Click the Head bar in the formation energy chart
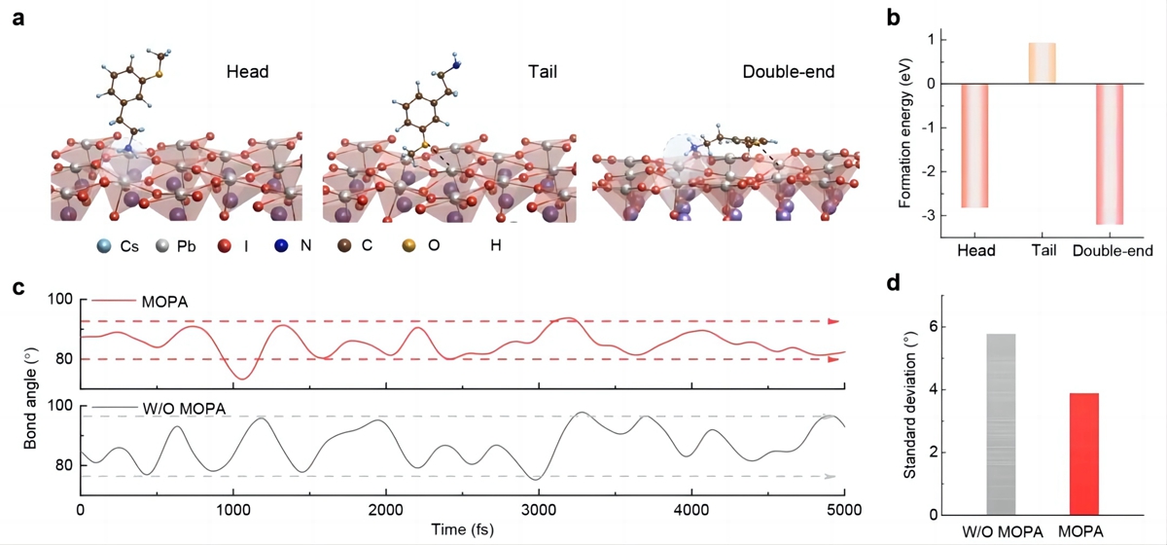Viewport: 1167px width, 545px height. click(974, 146)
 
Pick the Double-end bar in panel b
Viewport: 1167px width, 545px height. click(1110, 154)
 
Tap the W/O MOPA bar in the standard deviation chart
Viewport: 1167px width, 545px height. click(1001, 423)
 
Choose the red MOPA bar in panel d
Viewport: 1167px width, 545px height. click(1084, 454)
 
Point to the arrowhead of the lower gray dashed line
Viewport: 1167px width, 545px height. click(829, 476)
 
